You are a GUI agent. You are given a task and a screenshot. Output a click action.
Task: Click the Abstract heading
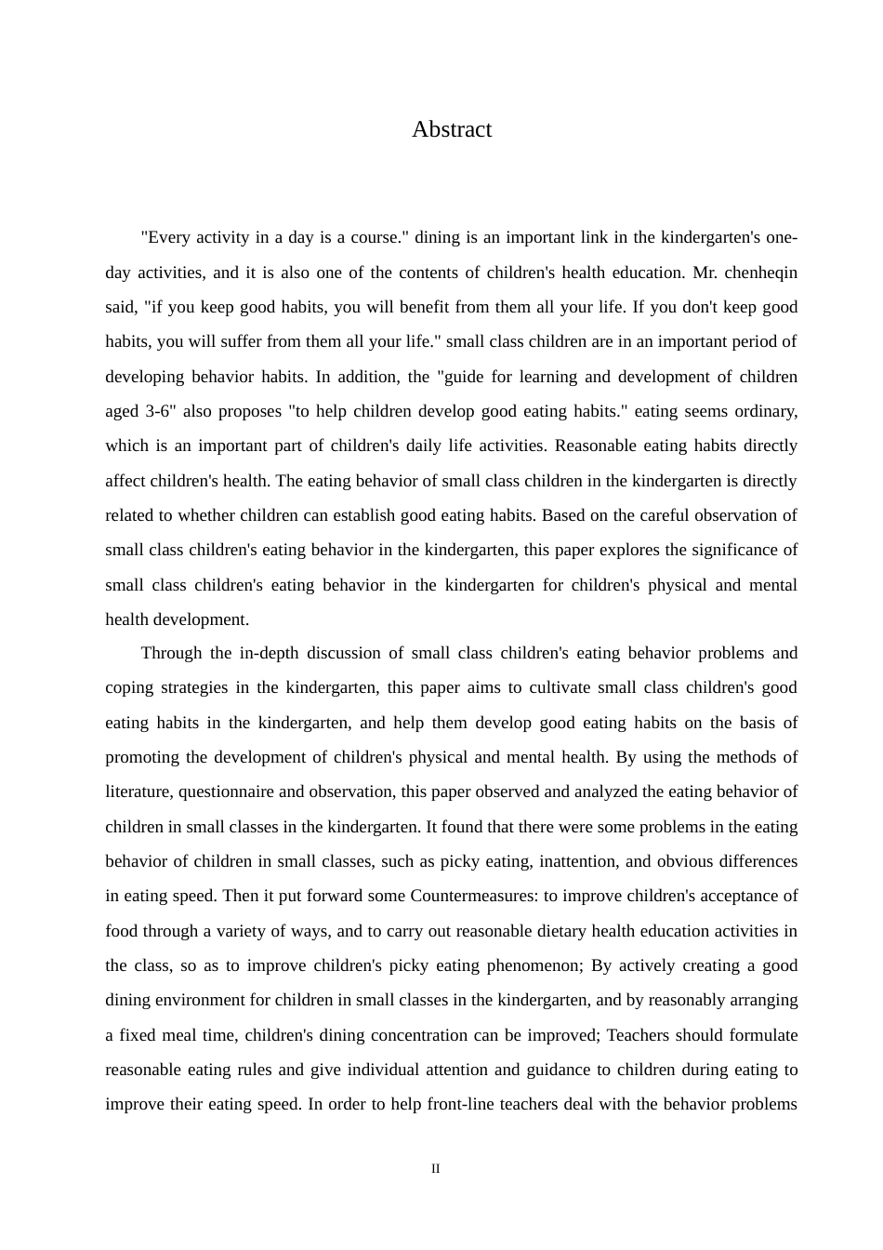452,129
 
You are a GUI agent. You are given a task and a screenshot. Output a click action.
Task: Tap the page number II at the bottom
435,1169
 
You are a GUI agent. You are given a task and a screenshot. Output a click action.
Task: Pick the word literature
138,791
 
